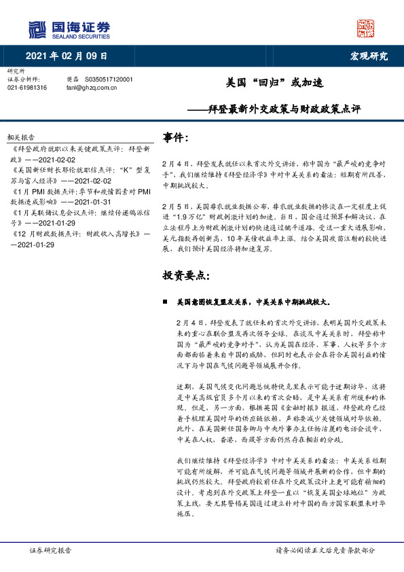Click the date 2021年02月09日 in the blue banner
(x=67, y=56)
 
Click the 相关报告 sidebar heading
(x=20, y=137)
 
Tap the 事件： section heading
(x=175, y=138)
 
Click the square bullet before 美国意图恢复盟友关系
(x=165, y=300)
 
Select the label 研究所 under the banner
(x=15, y=71)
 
